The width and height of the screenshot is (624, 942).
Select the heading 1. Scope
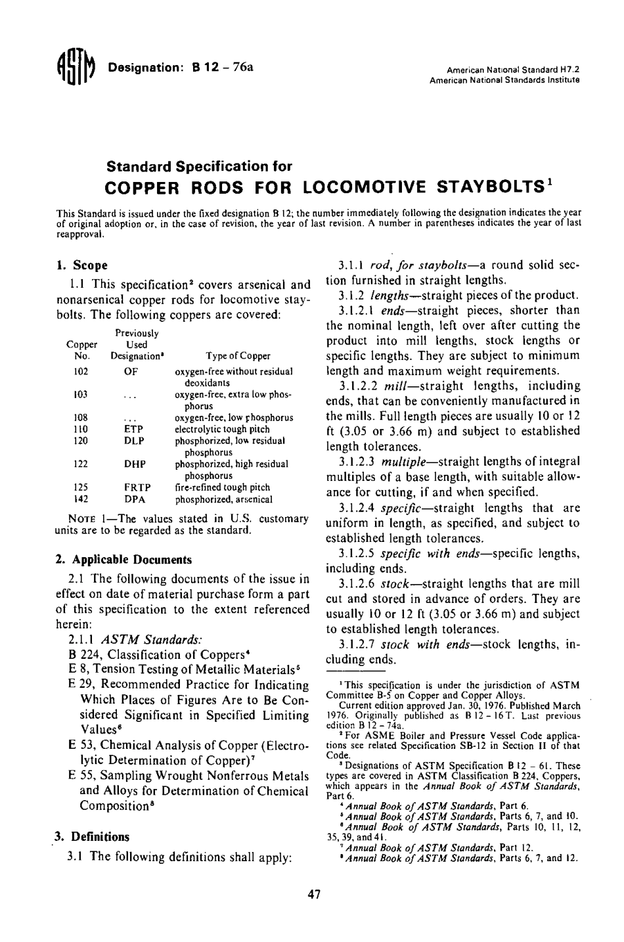(82, 266)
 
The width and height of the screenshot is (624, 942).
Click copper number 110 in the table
(81, 429)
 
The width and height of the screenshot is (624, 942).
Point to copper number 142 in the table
(81, 499)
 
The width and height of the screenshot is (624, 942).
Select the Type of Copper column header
(238, 356)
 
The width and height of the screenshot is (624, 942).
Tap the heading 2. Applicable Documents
(124, 560)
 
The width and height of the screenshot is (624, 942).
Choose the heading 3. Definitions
(92, 837)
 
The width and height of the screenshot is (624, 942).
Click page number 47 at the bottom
(314, 894)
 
